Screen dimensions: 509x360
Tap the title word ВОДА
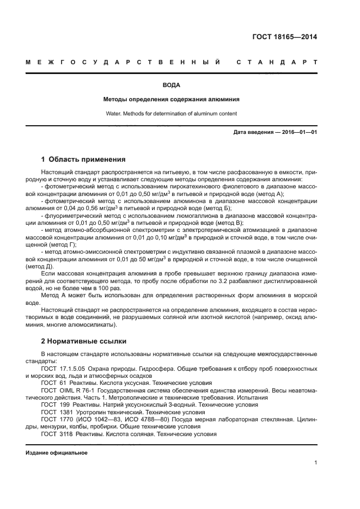point(172,85)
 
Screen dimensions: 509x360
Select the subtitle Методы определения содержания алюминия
point(172,100)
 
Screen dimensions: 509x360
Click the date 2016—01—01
point(299,132)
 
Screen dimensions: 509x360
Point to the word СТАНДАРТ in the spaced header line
point(277,63)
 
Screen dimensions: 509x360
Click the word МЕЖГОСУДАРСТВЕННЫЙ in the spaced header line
point(123,63)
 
